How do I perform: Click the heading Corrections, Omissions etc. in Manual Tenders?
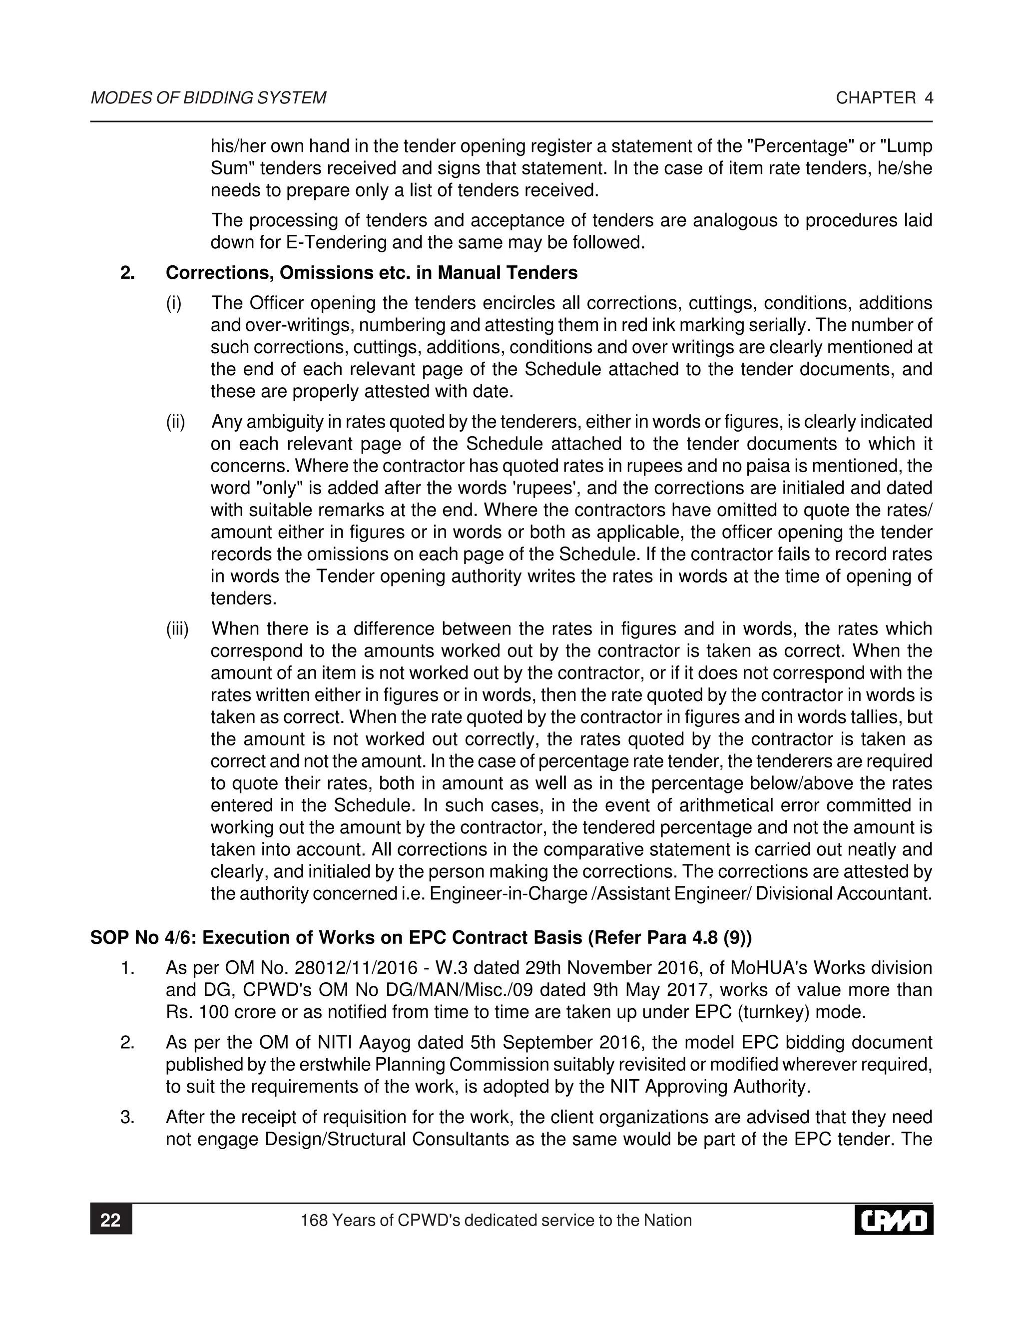tap(371, 273)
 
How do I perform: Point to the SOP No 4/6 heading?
tap(421, 938)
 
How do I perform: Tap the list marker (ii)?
tap(176, 422)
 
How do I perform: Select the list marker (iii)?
tap(177, 629)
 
